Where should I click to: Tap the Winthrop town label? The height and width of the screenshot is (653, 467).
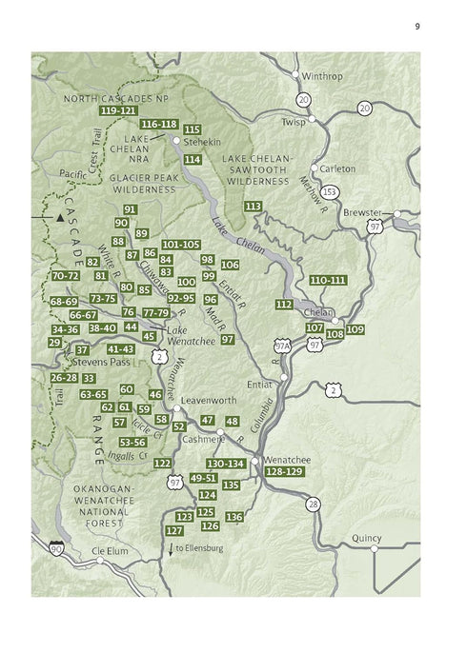click(321, 74)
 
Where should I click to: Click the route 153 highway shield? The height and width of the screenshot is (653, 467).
click(329, 191)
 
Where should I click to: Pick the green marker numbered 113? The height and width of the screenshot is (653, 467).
click(253, 207)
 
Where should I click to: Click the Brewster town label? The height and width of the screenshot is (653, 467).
click(362, 212)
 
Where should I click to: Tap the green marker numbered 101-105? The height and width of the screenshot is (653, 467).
click(180, 245)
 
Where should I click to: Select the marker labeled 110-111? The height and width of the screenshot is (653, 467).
click(328, 280)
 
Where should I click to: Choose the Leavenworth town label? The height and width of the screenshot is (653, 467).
click(207, 401)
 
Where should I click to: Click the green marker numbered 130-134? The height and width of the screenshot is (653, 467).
click(226, 464)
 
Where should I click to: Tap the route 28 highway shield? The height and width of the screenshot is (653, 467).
click(313, 504)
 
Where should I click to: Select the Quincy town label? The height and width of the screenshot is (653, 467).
click(367, 538)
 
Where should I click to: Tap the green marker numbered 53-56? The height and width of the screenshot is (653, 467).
click(132, 443)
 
